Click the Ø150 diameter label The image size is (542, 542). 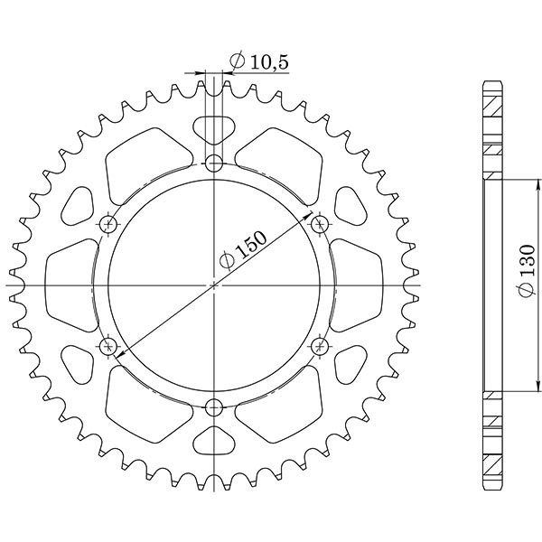(242, 250)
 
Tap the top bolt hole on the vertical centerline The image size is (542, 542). (214, 164)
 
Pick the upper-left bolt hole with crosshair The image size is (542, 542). (108, 224)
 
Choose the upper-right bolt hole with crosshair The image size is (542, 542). (320, 224)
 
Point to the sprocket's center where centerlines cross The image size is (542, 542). (214, 285)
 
